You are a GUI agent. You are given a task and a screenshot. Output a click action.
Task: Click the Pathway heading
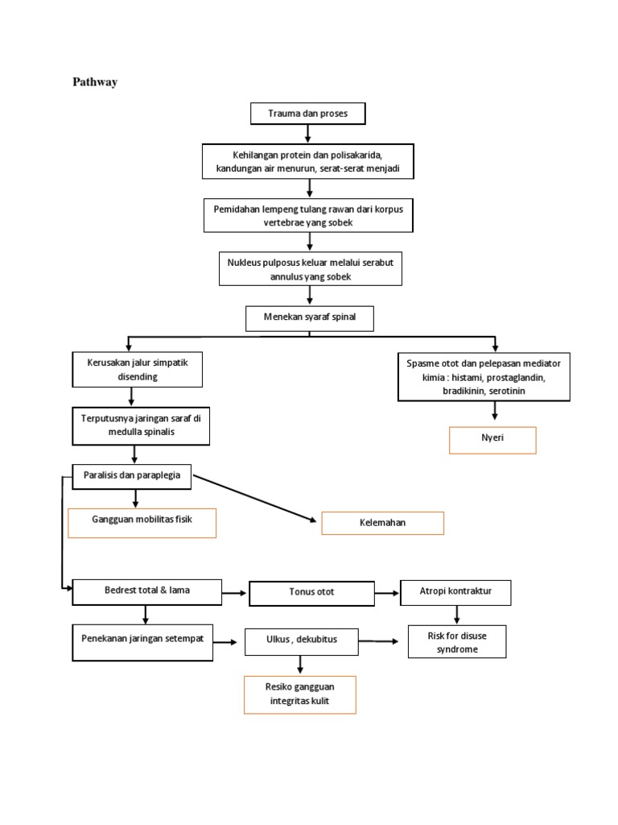click(x=95, y=82)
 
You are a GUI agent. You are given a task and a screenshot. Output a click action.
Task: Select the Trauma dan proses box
click(x=307, y=114)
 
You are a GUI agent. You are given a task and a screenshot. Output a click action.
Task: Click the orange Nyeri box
click(x=492, y=441)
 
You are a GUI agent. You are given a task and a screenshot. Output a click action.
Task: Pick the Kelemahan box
click(x=382, y=524)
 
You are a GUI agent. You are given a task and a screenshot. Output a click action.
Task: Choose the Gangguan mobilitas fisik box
click(x=142, y=522)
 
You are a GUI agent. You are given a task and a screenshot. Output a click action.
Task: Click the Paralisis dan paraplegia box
click(x=132, y=477)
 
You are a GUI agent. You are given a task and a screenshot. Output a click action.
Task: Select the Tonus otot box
click(x=311, y=593)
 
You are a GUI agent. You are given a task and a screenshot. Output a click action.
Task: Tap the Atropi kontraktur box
click(x=455, y=592)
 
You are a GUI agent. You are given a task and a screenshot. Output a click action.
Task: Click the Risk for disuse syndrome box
click(x=457, y=642)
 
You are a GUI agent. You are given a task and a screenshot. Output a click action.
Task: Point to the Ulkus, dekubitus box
click(x=301, y=641)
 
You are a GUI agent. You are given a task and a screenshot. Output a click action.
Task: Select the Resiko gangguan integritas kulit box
click(x=300, y=694)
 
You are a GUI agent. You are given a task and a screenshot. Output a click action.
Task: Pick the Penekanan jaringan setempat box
click(x=142, y=642)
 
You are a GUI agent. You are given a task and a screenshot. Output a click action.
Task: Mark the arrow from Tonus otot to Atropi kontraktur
click(x=387, y=593)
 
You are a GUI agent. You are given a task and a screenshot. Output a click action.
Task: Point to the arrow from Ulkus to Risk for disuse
click(x=378, y=641)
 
